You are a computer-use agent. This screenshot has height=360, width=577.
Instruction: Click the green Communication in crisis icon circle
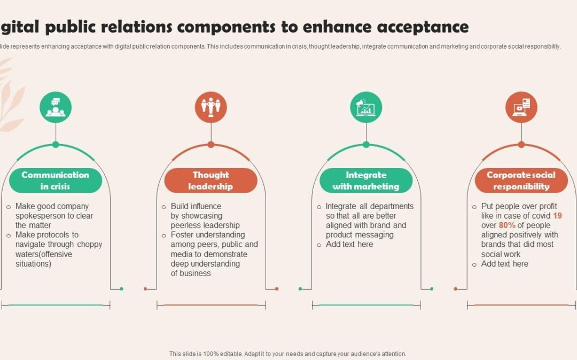[56, 107]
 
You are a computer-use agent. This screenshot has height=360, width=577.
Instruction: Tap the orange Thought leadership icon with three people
[211, 107]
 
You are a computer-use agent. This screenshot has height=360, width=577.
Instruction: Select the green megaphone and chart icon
[366, 107]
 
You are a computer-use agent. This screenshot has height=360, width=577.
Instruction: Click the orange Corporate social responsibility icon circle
[521, 107]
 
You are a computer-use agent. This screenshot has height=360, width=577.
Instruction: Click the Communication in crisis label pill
[56, 180]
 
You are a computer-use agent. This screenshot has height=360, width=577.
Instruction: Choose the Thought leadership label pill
[211, 180]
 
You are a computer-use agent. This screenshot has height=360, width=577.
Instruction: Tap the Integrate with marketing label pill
[366, 180]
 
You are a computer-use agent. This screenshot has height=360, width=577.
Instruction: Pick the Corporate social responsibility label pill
[521, 180]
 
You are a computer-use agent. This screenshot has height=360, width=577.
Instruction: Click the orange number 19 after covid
[557, 215]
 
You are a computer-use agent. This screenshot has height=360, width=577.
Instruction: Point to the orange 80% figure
[507, 225]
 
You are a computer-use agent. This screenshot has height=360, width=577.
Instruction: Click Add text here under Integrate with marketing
[349, 244]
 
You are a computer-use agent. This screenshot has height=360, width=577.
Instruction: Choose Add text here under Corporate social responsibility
[504, 264]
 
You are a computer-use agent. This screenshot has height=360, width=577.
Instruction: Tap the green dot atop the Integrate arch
[366, 145]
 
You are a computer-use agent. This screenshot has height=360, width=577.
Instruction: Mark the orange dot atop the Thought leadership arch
[211, 145]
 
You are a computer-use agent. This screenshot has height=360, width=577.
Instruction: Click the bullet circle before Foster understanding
[164, 236]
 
